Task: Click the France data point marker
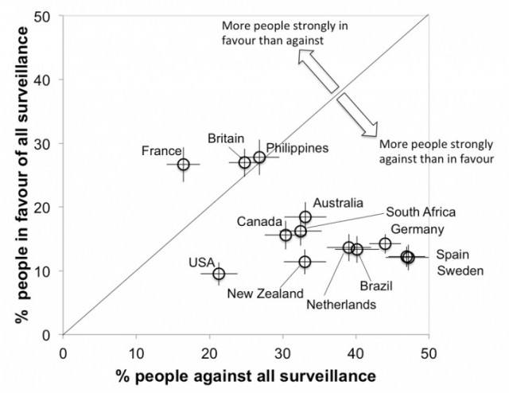click(183, 164)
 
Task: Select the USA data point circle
click(219, 274)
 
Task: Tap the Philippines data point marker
click(259, 158)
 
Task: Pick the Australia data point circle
click(305, 216)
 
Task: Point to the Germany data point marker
click(385, 243)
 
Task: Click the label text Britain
click(226, 138)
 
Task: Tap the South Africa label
click(421, 212)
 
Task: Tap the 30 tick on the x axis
click(282, 350)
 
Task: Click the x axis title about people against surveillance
click(246, 375)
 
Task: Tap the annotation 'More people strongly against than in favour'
click(437, 151)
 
